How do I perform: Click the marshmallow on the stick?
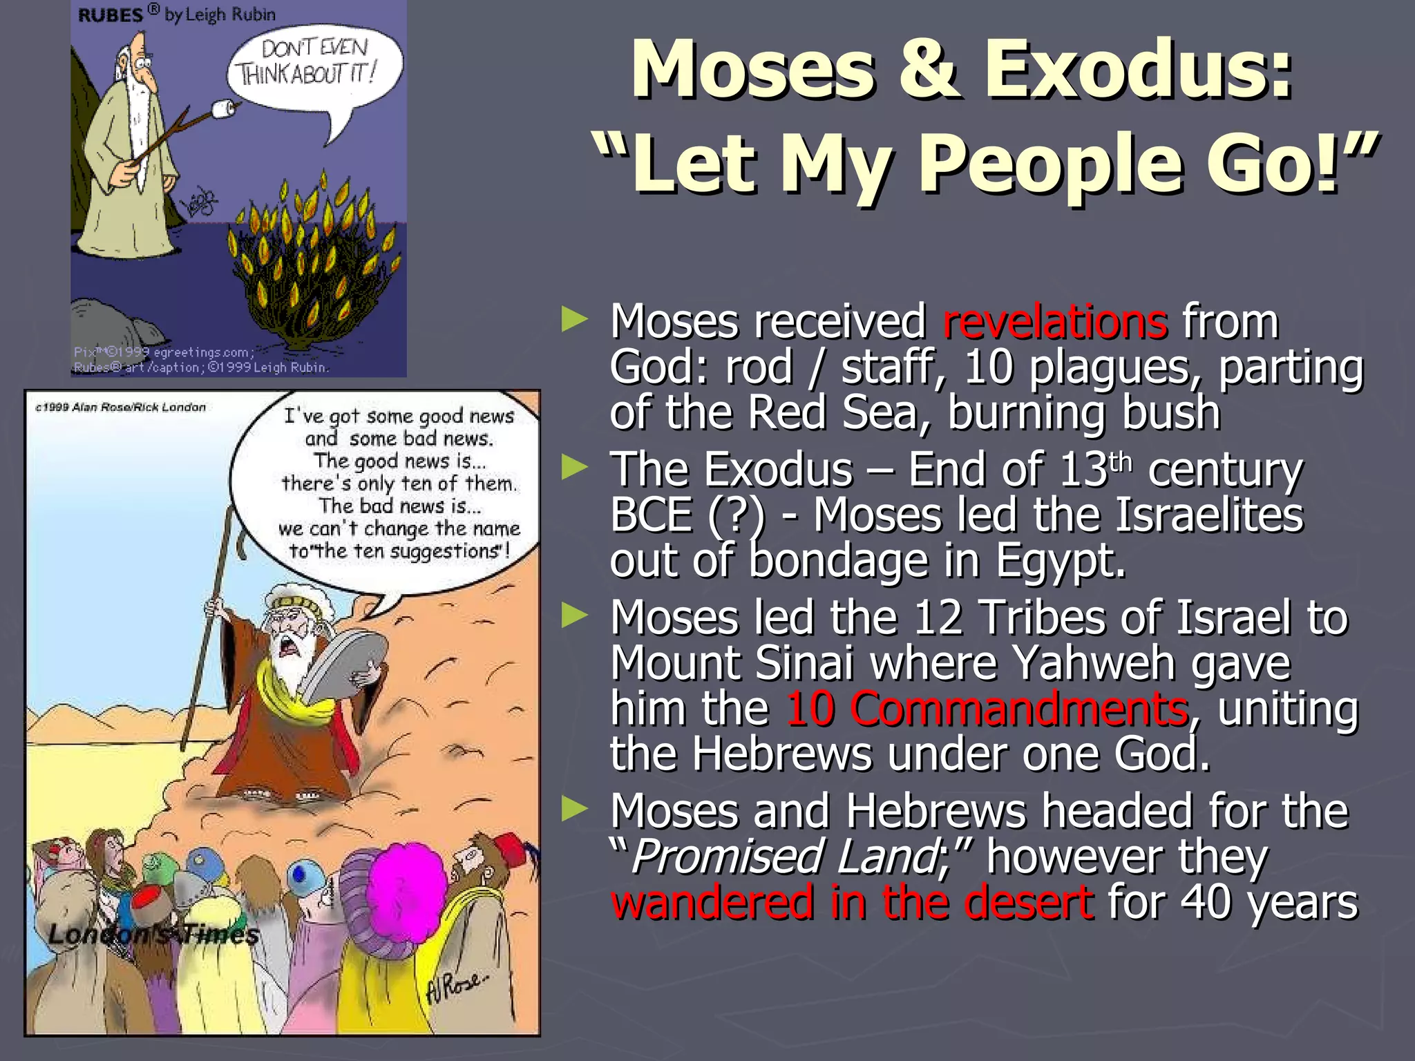(x=223, y=108)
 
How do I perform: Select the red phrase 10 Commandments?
(x=987, y=709)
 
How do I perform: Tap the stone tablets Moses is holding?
(x=342, y=664)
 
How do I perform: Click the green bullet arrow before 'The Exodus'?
(x=575, y=468)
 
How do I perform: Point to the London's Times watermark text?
(x=153, y=935)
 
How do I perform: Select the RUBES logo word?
(x=111, y=15)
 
